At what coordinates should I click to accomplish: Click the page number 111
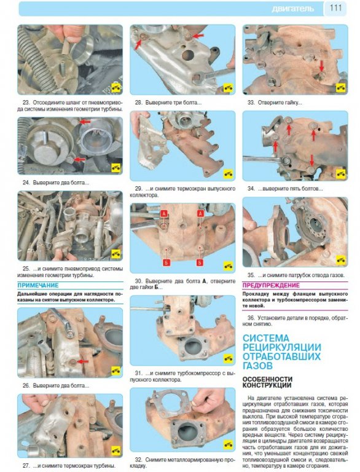335,7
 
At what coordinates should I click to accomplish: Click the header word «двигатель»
292,9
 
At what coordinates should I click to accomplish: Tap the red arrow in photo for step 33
321,66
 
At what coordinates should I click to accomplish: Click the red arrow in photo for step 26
84,361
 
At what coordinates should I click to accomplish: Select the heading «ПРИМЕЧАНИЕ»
38,285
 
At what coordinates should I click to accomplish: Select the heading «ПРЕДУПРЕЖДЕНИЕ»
271,285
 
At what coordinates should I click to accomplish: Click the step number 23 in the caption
26,102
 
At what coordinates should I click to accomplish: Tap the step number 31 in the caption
138,373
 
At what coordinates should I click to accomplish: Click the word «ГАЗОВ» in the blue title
257,366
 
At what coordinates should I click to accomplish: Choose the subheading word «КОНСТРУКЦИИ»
267,385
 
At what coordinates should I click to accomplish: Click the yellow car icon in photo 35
341,259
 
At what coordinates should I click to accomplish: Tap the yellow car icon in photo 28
228,88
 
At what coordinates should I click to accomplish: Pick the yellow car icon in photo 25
116,253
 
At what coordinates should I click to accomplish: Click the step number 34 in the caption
251,189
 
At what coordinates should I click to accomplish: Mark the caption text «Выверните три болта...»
173,103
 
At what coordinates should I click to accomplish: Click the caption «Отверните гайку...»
280,103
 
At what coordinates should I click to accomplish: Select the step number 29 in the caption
138,189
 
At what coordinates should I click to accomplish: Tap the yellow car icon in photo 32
228,444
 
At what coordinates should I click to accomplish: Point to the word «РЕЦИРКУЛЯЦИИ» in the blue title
282,347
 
